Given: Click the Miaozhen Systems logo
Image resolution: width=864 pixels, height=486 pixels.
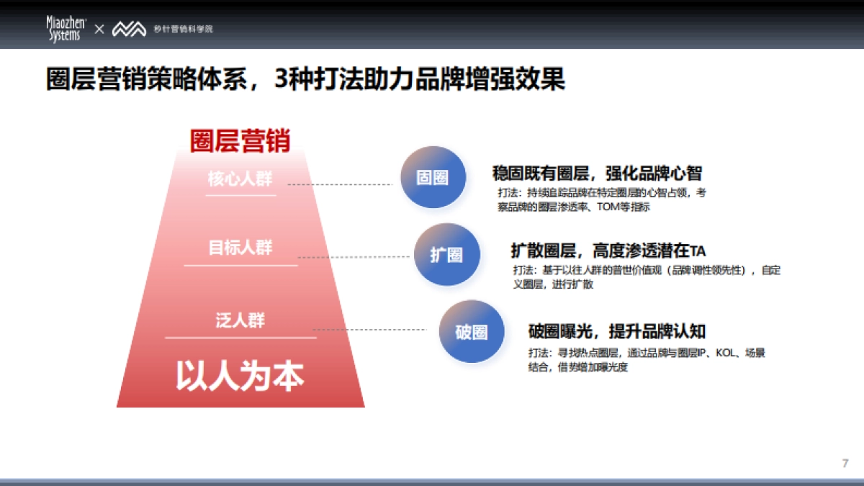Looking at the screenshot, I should (66, 29).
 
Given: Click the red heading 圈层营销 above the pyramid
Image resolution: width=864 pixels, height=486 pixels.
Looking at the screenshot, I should (240, 140).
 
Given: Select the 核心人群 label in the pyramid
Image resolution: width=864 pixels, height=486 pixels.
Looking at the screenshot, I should (240, 179).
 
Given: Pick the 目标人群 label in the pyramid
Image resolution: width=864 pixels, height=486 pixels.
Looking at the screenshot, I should (240, 248).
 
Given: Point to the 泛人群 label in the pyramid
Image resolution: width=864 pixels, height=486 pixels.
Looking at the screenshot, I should (240, 320).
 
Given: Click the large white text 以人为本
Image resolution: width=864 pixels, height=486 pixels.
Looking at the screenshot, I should (240, 376).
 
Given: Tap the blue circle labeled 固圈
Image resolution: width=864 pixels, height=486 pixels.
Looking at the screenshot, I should (432, 178).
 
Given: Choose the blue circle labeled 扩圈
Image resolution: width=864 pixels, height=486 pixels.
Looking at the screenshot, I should (446, 254).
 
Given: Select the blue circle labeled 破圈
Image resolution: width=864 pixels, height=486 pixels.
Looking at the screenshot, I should (471, 332).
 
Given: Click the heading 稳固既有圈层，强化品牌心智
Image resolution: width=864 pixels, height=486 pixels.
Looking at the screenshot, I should (597, 173).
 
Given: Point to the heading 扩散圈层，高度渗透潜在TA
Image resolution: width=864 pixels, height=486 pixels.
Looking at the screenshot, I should (608, 251).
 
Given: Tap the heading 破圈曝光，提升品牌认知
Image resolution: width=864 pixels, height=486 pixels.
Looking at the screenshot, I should (616, 331).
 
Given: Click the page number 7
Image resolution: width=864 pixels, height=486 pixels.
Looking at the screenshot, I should (845, 463).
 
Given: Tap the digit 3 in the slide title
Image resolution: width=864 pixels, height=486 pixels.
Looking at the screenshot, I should (282, 79).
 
